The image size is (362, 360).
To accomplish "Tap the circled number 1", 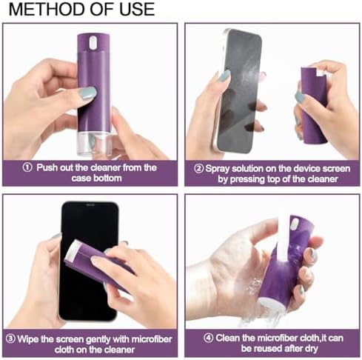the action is click(x=27, y=167).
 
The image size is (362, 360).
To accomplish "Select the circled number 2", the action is click(x=199, y=169).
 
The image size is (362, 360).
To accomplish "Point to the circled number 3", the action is click(x=10, y=339).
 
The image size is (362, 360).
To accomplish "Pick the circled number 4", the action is click(x=209, y=338).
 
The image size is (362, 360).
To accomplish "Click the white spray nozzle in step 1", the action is click(x=93, y=42).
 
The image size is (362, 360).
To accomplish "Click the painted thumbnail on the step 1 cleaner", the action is click(x=87, y=93).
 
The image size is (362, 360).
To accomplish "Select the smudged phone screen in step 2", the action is click(x=239, y=90).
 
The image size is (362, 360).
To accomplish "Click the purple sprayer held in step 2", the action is click(x=314, y=105).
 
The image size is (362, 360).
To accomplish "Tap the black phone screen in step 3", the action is click(x=89, y=261).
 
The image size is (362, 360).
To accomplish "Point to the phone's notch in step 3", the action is click(x=90, y=204).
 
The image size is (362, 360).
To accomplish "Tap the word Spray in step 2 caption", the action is click(x=218, y=169).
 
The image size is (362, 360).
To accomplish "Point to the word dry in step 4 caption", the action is click(x=312, y=349).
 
